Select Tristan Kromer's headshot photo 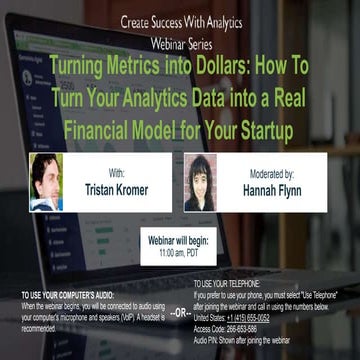pyautogui.click(x=47, y=181)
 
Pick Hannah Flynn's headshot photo pyautogui.click(x=200, y=182)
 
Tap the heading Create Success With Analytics pyautogui.click(x=181, y=20)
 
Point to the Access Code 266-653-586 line pyautogui.click(x=228, y=328)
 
